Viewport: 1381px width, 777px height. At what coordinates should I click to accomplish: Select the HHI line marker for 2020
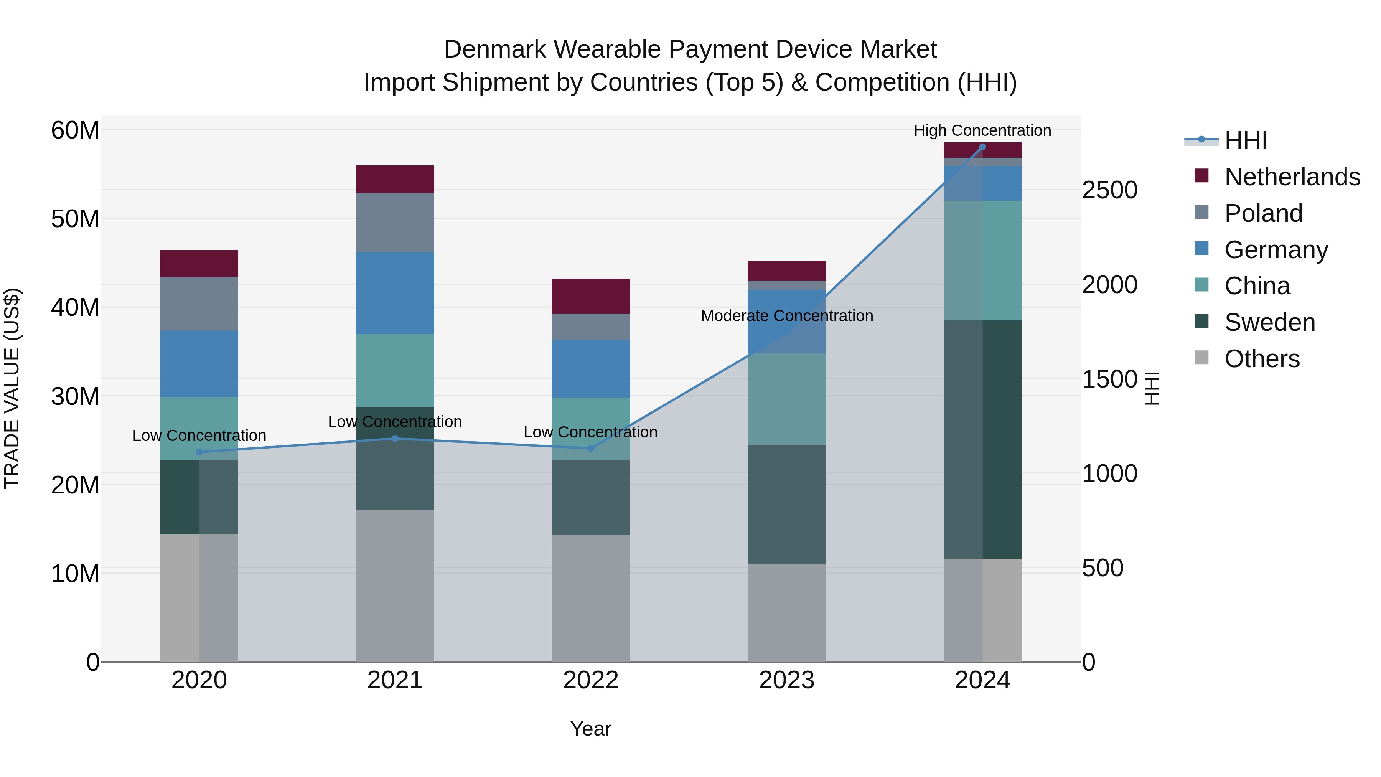(x=199, y=452)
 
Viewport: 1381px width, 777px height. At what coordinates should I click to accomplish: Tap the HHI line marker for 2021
(x=395, y=438)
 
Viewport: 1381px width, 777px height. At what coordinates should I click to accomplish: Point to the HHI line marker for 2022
(x=591, y=448)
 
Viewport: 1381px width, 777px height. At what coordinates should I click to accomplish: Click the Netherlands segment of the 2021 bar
(x=395, y=179)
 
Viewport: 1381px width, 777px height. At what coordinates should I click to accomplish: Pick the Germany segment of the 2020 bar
(x=199, y=364)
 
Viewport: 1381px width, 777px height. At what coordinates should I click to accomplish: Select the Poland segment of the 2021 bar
(x=395, y=223)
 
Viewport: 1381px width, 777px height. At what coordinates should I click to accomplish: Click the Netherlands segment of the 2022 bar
(x=591, y=296)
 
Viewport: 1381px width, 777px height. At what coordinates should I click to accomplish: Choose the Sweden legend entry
(x=1269, y=322)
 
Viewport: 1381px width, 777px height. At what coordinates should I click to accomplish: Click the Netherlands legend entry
(x=1292, y=177)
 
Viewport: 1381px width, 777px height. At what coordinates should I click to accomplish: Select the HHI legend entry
(x=1245, y=140)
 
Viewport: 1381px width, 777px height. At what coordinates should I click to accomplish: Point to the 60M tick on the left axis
(x=75, y=130)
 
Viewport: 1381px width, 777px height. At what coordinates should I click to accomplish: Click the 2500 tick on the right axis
(x=1109, y=190)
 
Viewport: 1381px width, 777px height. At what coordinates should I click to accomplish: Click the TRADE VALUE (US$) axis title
(x=12, y=388)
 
